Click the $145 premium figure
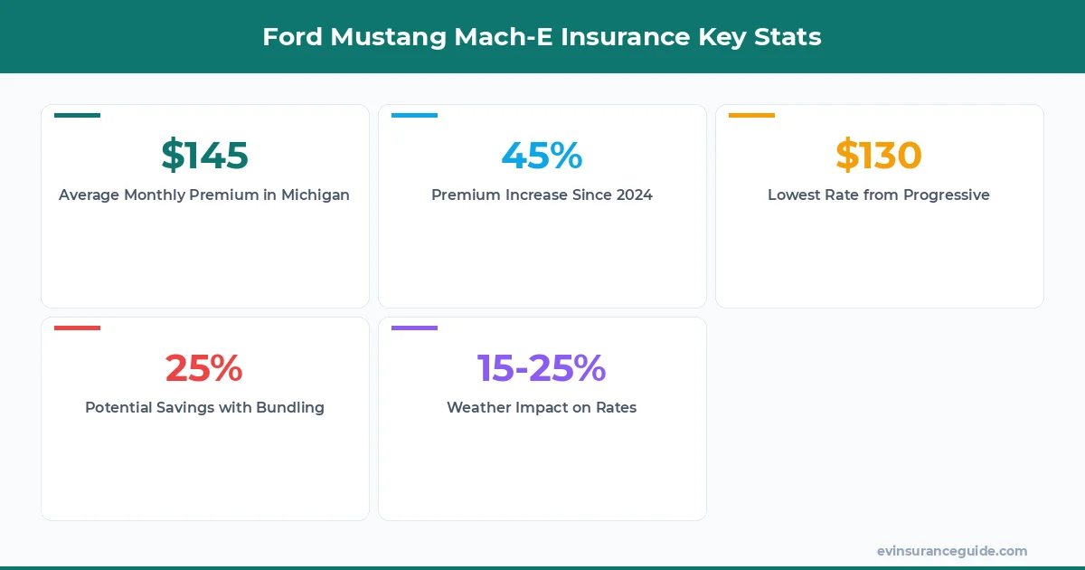tap(204, 156)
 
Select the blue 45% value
tap(542, 156)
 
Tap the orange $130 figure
tap(878, 156)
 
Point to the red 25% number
tap(204, 368)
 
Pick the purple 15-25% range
tap(542, 368)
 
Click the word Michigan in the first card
tap(315, 195)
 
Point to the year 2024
tap(632, 195)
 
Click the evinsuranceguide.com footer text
tap(951, 551)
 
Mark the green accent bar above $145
tap(77, 115)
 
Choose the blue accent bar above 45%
tap(414, 115)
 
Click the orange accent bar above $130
tap(751, 115)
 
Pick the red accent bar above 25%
tap(77, 328)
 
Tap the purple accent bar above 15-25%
tap(414, 328)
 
